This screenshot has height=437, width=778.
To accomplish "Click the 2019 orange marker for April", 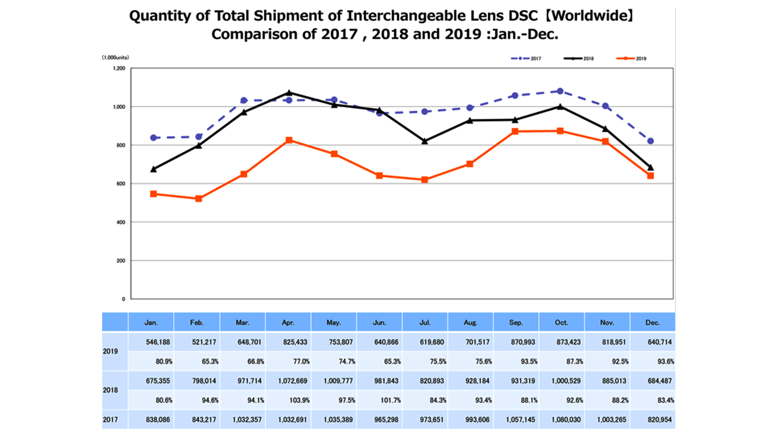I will (289, 140).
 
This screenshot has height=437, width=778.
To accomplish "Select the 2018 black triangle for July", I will (425, 141).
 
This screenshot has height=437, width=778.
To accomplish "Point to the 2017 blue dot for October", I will (560, 91).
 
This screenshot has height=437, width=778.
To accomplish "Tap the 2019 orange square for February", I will (199, 199).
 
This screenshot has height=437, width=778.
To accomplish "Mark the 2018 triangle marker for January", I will (153, 169).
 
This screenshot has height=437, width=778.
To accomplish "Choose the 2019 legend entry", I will (631, 58).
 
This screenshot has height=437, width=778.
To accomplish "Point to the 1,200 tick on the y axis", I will (119, 68).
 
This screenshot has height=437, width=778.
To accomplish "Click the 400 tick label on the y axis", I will (121, 222).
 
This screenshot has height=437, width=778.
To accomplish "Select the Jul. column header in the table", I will (425, 322).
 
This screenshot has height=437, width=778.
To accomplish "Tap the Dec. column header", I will (652, 322).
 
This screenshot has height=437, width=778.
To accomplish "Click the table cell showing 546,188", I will (158, 342).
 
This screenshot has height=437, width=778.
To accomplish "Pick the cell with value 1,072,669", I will (293, 381).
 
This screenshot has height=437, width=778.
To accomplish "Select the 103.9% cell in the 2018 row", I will (299, 400).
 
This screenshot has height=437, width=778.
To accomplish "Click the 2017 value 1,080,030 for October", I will (566, 420).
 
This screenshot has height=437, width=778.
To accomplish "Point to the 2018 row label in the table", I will (110, 390).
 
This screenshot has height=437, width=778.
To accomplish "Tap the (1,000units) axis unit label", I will (115, 57).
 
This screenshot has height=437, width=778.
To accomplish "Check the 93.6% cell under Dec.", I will (665, 361).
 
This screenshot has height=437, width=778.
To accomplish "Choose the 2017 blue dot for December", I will (650, 141).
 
